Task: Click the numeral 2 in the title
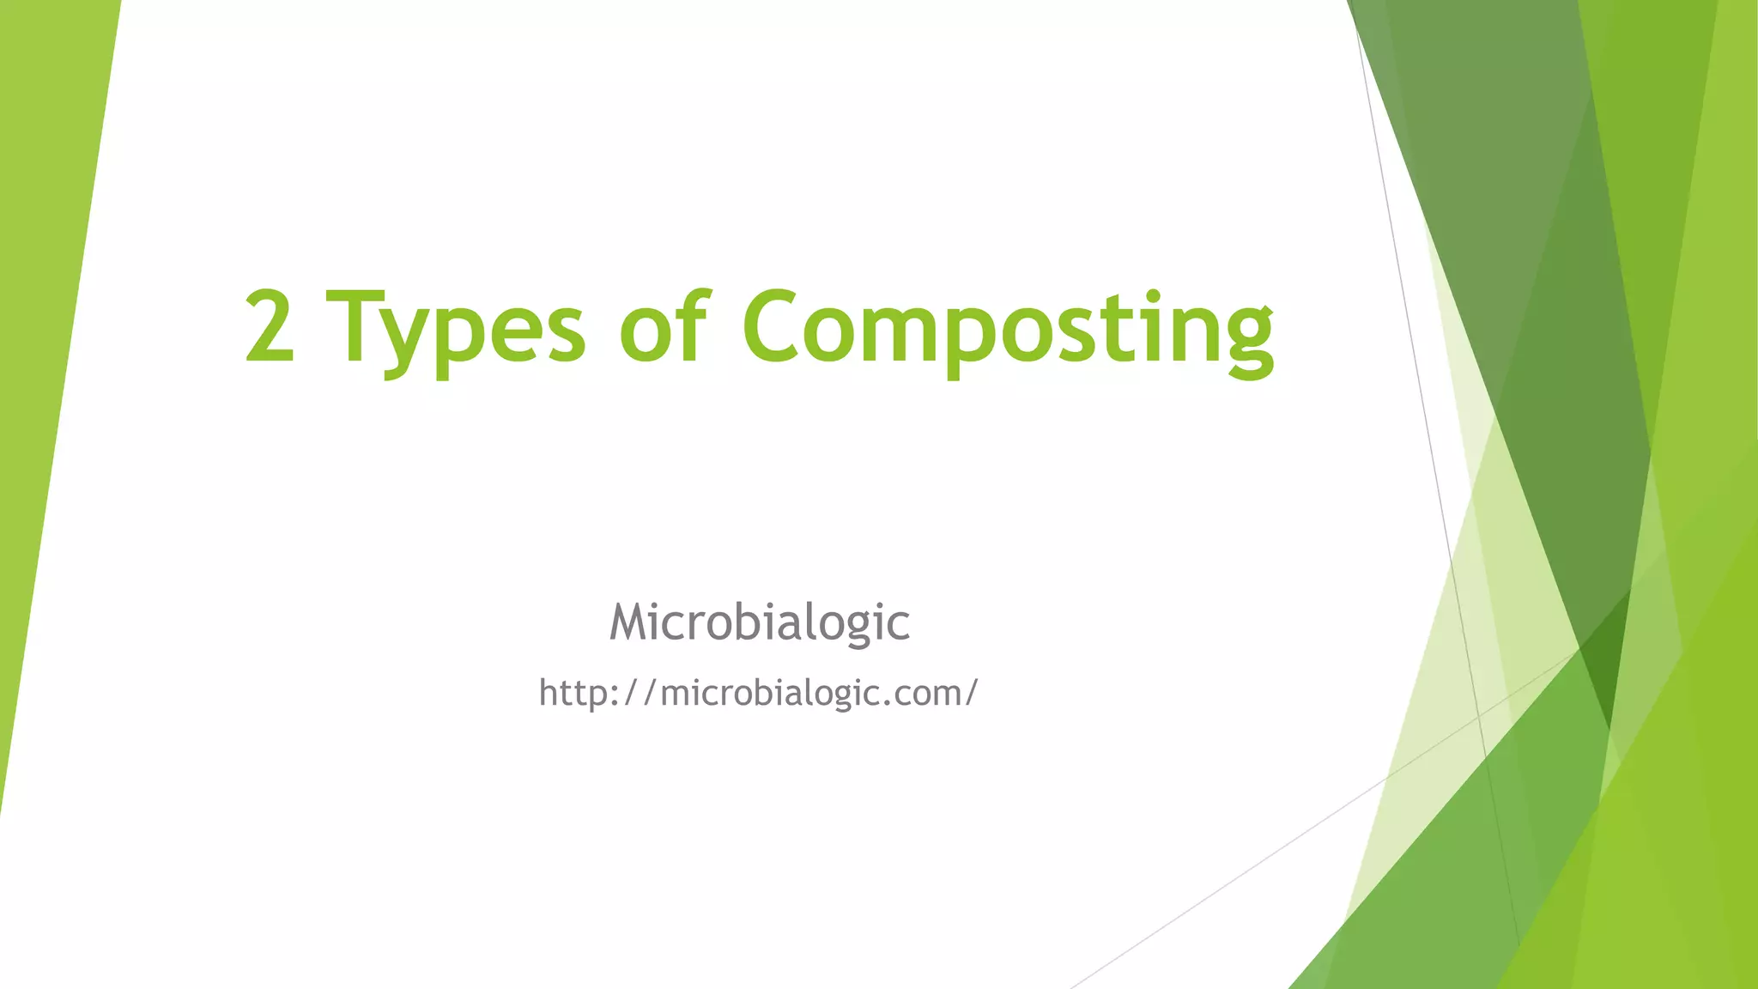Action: [x=270, y=326]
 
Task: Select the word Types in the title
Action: [x=456, y=331]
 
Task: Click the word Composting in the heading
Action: [x=1008, y=331]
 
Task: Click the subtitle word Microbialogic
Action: [x=759, y=622]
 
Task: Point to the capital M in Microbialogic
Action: [x=633, y=622]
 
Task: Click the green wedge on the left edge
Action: [x=47, y=343]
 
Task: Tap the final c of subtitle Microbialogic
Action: [x=898, y=625]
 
